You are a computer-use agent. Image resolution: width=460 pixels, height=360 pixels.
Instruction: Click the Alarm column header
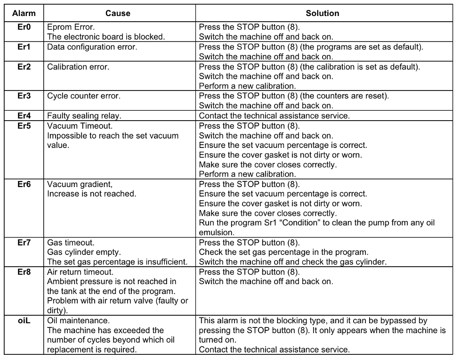click(23, 14)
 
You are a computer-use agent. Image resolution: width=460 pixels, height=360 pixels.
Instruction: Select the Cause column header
click(118, 14)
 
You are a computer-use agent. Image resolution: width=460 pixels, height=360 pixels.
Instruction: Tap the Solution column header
click(323, 14)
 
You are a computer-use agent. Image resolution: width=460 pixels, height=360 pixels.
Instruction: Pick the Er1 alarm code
click(23, 47)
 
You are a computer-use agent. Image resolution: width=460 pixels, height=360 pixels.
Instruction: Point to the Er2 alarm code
click(23, 66)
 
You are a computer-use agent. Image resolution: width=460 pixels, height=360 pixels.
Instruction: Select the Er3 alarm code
click(23, 96)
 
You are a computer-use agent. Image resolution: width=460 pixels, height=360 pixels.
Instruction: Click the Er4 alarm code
click(23, 115)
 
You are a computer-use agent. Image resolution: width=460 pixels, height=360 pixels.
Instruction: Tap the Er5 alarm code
click(23, 126)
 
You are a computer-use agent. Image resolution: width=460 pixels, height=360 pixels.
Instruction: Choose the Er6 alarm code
click(23, 184)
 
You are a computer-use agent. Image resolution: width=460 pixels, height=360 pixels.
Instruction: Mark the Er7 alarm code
click(23, 243)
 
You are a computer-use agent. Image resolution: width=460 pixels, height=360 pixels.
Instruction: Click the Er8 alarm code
click(23, 272)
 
